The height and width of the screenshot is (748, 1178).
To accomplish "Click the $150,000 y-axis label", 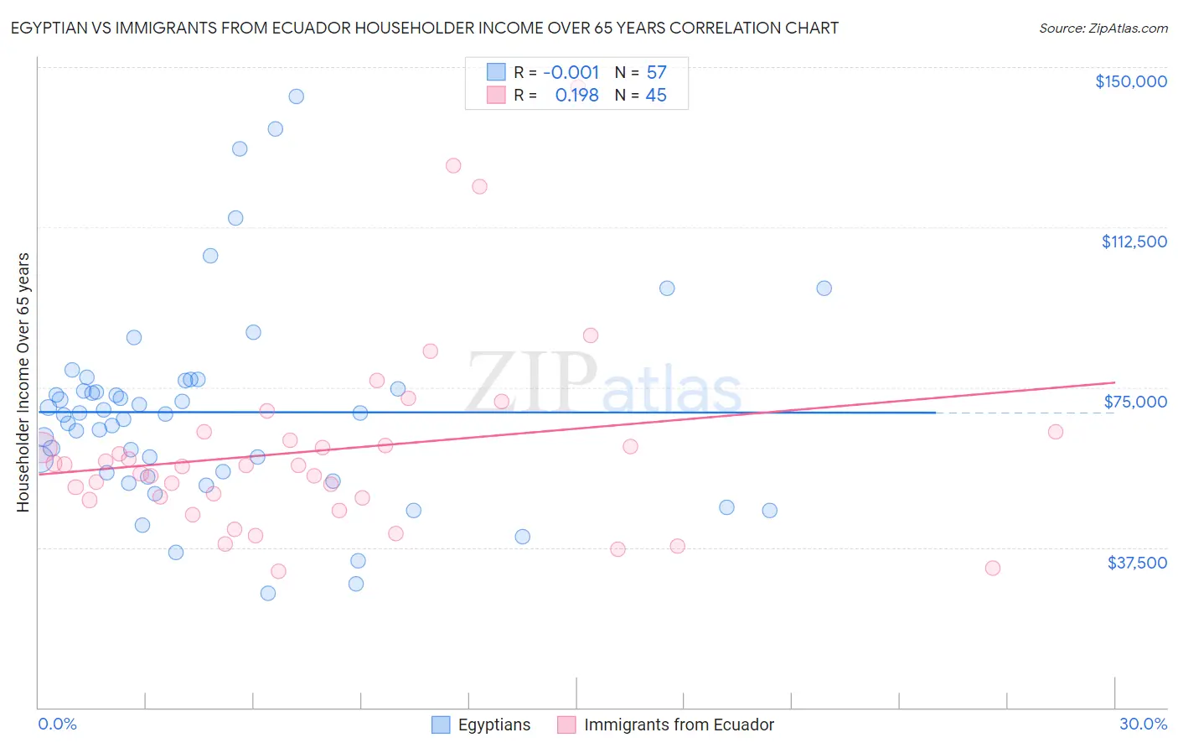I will point(1130,81).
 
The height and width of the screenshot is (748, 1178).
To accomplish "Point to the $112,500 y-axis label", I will point(1134,242).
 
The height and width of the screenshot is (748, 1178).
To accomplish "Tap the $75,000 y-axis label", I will point(1135,402).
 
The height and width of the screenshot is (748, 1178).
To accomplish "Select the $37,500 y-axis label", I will point(1137,563).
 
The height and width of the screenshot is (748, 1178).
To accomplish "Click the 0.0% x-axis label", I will point(57,724).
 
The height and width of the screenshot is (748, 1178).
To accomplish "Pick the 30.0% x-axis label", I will point(1143,724).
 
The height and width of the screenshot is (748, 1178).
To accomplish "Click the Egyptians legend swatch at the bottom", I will point(441,725).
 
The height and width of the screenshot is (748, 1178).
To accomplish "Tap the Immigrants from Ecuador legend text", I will point(679,725).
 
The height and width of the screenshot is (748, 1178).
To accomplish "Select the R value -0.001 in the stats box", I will point(571,73).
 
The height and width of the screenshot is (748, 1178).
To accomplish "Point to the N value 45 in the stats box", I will point(656,96).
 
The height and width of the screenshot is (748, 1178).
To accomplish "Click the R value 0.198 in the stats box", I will point(576,96).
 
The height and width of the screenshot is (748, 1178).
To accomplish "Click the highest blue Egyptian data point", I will point(296,96).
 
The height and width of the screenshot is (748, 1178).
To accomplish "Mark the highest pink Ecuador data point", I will point(453,165).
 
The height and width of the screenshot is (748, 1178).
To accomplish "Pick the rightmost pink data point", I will point(1056,432).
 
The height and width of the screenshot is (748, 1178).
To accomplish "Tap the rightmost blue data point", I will point(824,288).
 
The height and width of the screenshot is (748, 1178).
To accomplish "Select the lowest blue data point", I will point(268,593).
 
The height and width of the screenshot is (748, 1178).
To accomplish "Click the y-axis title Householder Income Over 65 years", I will point(23,382).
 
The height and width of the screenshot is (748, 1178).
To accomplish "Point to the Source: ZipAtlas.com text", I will point(1103,29).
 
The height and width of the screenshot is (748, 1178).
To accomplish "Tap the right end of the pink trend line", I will point(1114,382).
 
